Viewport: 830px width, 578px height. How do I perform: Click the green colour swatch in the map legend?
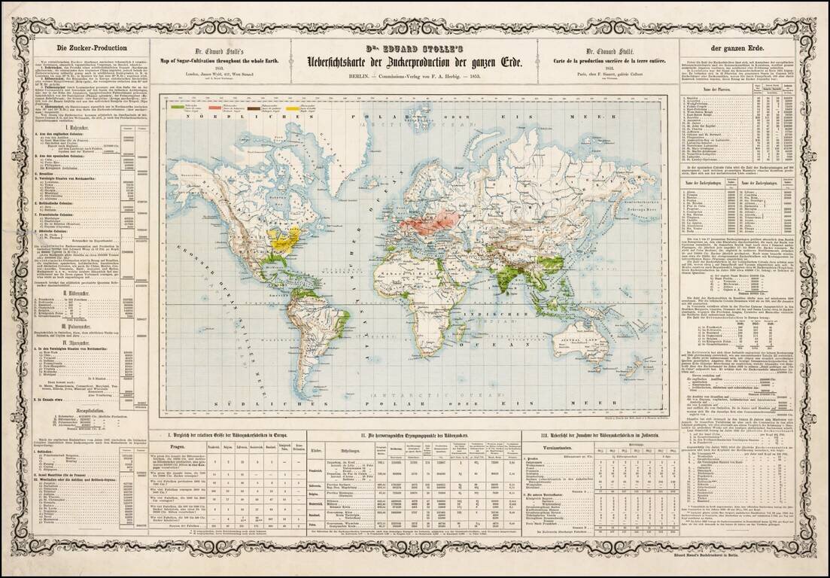178,107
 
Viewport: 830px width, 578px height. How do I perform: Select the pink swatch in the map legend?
214,107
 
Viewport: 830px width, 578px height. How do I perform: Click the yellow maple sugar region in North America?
284,240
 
